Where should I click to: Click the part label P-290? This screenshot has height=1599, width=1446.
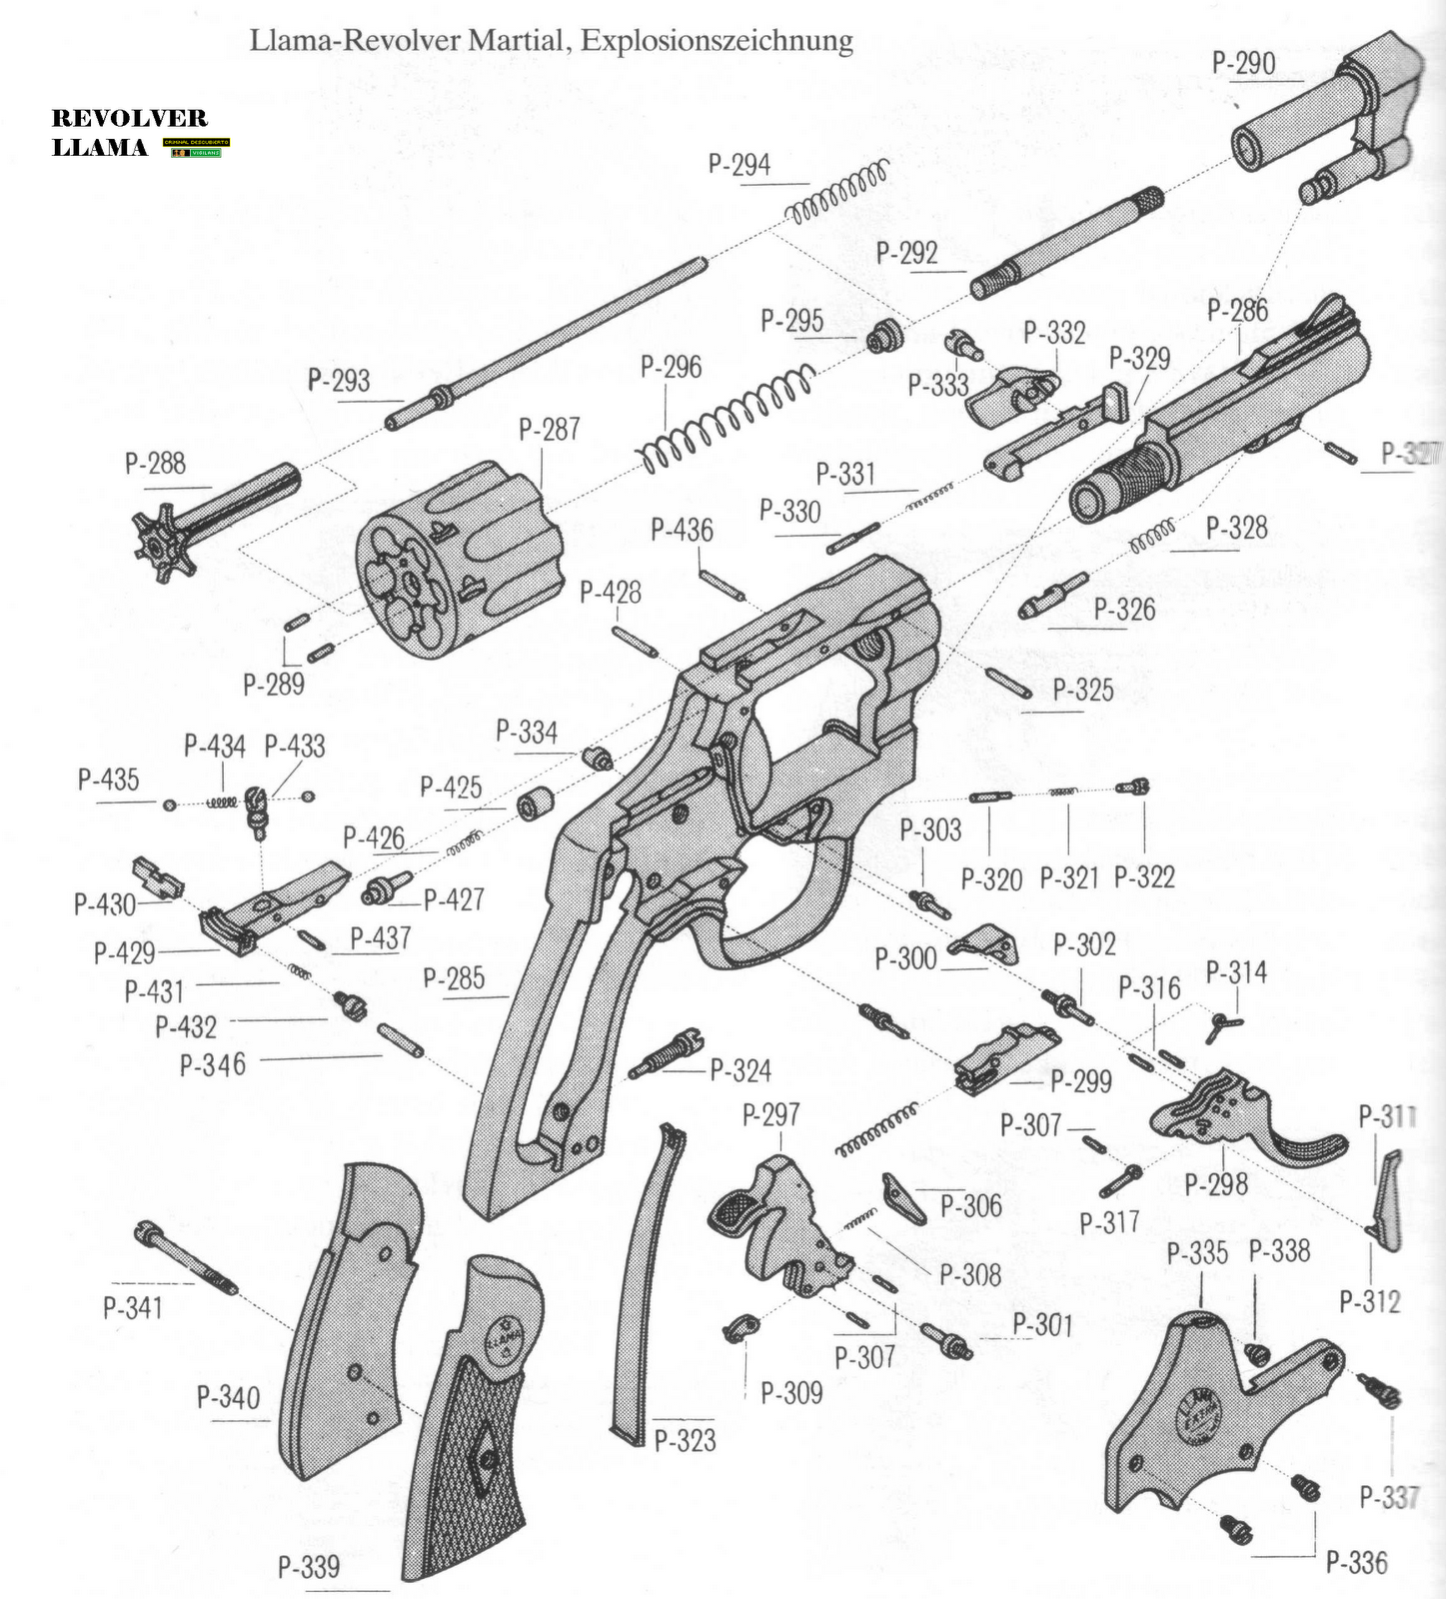[1243, 63]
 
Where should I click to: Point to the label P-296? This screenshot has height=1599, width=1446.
[671, 368]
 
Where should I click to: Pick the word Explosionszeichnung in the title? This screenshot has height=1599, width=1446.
[717, 40]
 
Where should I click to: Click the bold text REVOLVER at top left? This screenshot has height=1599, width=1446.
[129, 118]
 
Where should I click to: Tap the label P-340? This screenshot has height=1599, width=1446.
[228, 1396]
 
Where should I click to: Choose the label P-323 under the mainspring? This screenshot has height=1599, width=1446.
[685, 1440]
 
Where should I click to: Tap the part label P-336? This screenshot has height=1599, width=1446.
[1356, 1562]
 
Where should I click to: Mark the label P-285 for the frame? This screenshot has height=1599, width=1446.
[454, 978]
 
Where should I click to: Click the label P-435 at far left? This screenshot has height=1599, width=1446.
[108, 780]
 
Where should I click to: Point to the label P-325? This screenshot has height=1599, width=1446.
[1082, 690]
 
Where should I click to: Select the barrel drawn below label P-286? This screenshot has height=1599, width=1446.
[1219, 430]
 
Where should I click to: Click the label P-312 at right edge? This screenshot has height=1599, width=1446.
[1369, 1301]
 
